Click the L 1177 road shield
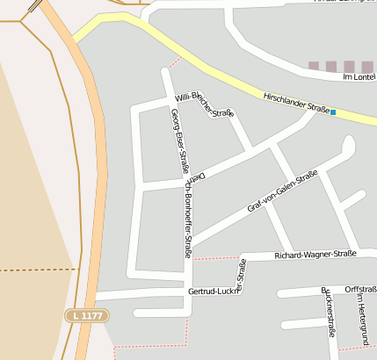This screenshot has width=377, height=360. pyautogui.click(x=85, y=314)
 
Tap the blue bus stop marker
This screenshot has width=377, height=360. pyautogui.click(x=333, y=112)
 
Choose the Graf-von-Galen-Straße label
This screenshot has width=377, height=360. pyautogui.click(x=282, y=192)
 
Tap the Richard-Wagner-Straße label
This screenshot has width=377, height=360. pyautogui.click(x=314, y=255)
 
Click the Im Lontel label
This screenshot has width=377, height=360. pyautogui.click(x=359, y=77)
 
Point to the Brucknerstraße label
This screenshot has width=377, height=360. pyautogui.click(x=327, y=313)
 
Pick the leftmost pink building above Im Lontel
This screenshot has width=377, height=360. pyautogui.click(x=314, y=66)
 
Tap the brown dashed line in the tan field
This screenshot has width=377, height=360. pyautogui.click(x=35, y=270)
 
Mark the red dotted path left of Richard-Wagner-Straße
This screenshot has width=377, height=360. pyautogui.click(x=216, y=258)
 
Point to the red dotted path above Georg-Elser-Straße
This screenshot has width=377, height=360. pyautogui.click(x=174, y=62)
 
